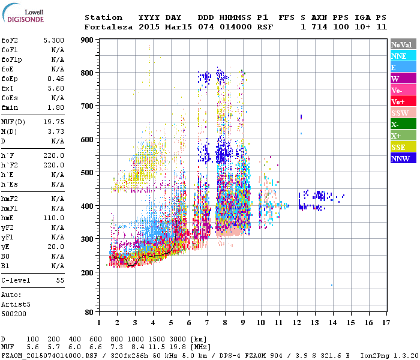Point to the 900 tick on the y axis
click(88, 40)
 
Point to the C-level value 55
click(60, 280)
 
